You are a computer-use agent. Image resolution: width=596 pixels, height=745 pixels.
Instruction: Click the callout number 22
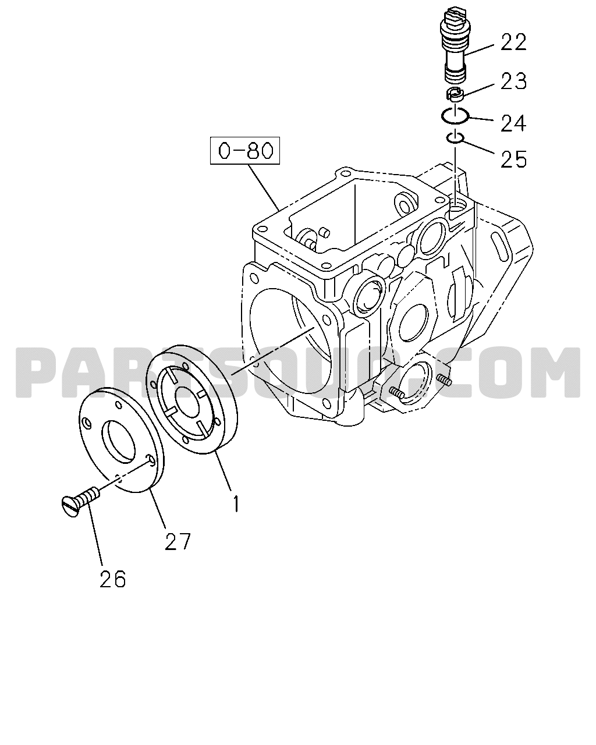pos(513,42)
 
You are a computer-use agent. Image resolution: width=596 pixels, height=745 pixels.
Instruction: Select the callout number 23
pos(513,81)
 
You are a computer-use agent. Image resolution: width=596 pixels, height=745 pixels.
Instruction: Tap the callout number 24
pos(513,123)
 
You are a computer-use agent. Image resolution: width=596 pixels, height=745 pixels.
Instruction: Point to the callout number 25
pos(513,159)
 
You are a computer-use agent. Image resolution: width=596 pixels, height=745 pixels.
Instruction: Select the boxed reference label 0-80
pos(245,151)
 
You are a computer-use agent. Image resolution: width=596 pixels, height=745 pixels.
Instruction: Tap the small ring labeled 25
pos(455,138)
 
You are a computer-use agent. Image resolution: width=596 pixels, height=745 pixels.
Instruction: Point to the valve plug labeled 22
pos(454,45)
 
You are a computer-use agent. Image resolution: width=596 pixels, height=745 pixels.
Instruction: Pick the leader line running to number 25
pos(477,146)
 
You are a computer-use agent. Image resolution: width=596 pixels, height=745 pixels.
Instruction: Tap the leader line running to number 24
pos(480,119)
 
